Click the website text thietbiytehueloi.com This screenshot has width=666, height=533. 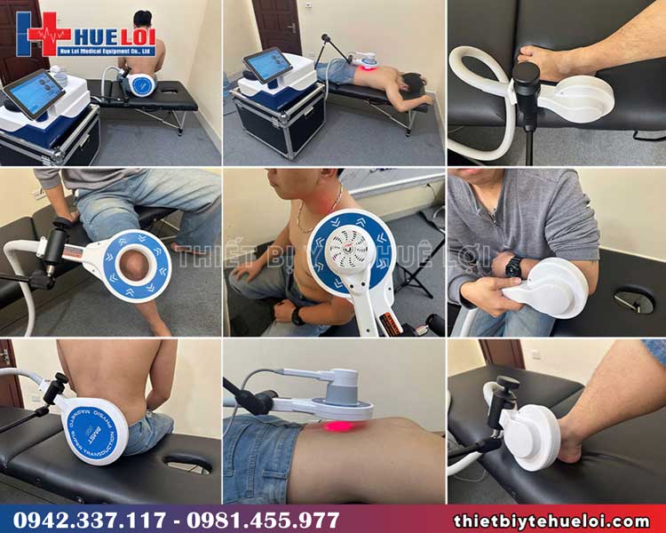pos(551,521)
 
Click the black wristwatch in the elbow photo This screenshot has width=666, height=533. pos(513,266)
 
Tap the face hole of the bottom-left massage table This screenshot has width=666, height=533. pos(187,463)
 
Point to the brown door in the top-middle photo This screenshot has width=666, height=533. pos(276,27)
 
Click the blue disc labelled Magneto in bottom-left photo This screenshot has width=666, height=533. pos(94,434)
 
